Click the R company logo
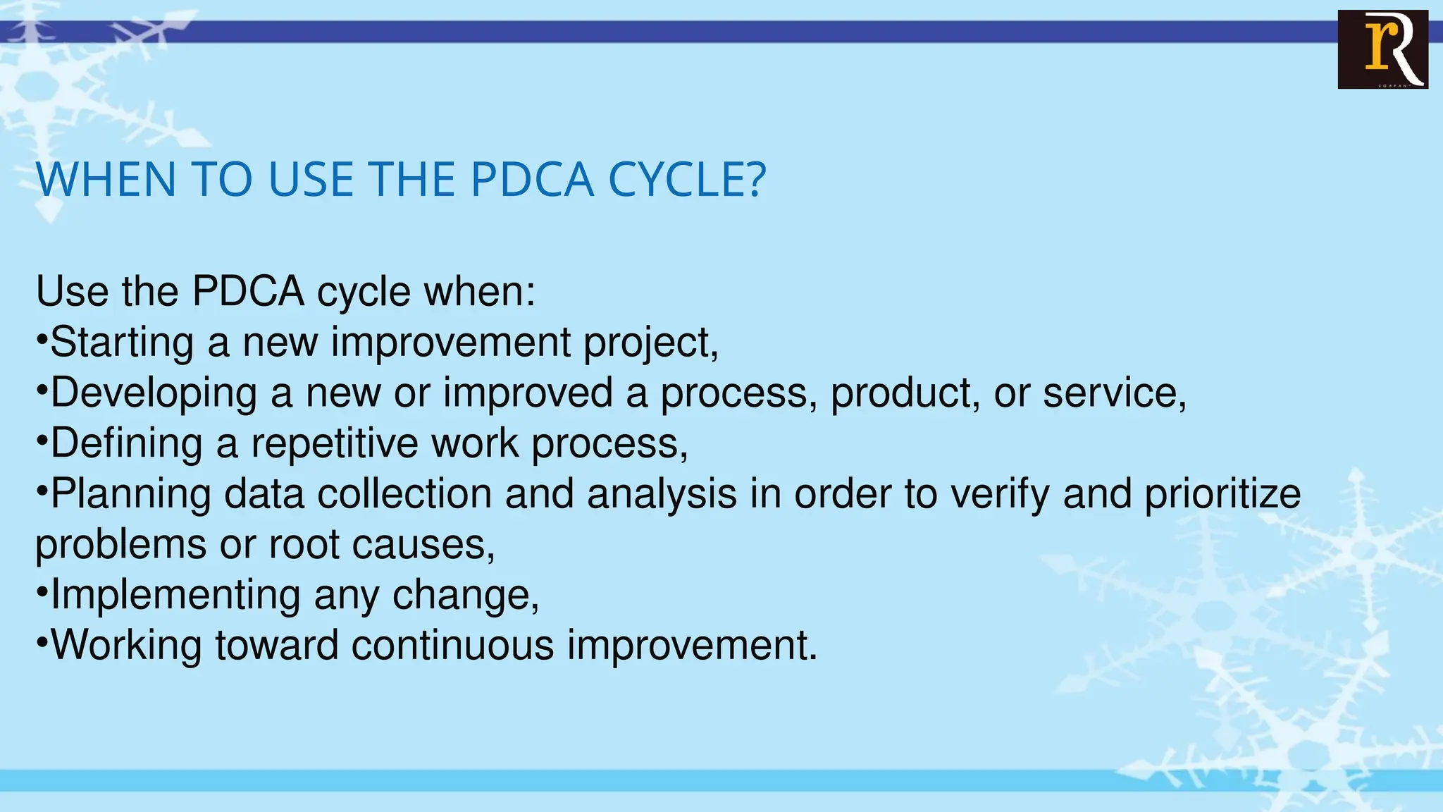1382,49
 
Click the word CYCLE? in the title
686,180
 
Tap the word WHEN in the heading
106,180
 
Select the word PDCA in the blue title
532,180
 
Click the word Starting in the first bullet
122,343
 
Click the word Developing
154,394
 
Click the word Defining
127,444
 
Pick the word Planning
131,495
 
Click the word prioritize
1222,495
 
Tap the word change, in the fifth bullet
466,596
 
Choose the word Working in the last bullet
126,646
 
